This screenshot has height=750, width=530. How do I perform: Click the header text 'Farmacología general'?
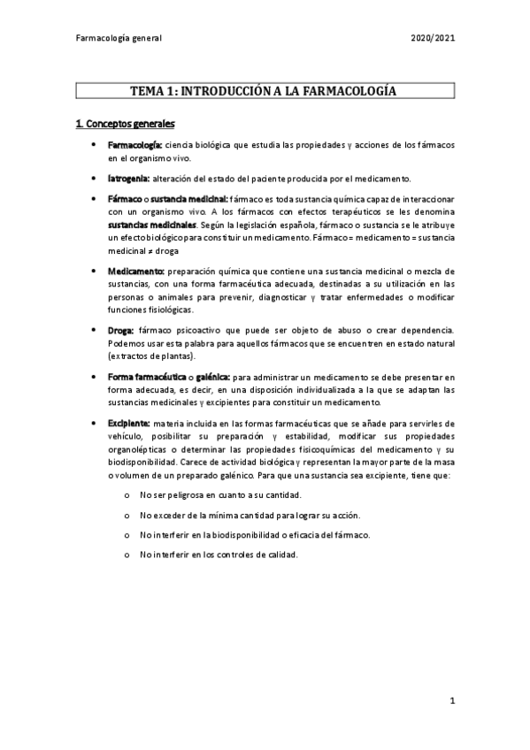point(119,39)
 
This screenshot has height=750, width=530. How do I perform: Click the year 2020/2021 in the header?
point(433,39)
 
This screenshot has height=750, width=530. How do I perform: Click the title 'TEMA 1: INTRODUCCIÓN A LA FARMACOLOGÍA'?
point(265,91)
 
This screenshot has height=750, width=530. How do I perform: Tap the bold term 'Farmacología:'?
point(134,144)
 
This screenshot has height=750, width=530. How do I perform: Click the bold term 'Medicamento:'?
point(136,271)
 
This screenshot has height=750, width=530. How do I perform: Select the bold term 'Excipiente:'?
point(129,423)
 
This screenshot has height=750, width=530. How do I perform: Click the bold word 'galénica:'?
point(212,377)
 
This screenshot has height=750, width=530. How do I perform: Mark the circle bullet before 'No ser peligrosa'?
point(129,494)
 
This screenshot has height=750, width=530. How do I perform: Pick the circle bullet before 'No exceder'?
point(129,515)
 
